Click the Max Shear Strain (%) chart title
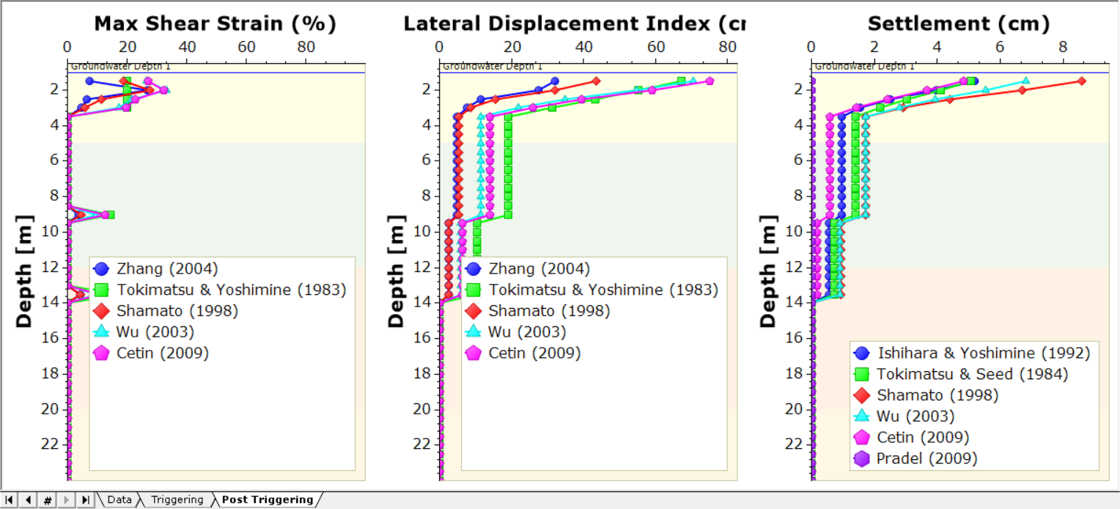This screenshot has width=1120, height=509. [215, 23]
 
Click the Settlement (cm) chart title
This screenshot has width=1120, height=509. [958, 23]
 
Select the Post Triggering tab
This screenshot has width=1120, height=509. [267, 499]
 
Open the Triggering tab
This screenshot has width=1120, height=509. [177, 499]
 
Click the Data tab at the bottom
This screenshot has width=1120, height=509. [119, 499]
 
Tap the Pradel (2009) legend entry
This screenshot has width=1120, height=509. [926, 458]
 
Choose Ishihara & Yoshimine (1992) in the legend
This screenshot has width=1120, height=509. [983, 353]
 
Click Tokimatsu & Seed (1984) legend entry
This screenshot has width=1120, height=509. [972, 374]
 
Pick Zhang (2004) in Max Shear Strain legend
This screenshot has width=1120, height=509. [167, 268]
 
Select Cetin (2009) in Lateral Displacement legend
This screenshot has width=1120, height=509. [534, 353]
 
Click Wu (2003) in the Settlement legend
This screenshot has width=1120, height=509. [915, 416]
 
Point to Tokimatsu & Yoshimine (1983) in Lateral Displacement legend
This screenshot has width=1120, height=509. [603, 290]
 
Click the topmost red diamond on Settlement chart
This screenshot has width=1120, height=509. [1081, 81]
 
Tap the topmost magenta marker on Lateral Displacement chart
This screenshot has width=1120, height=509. [710, 81]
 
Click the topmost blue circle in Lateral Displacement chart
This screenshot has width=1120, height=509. [554, 81]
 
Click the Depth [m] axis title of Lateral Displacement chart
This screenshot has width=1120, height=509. [396, 271]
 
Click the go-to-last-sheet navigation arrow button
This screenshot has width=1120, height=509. [85, 499]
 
